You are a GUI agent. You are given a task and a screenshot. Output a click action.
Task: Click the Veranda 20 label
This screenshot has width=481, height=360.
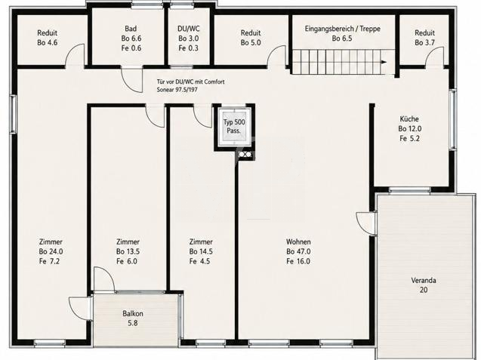[424, 285]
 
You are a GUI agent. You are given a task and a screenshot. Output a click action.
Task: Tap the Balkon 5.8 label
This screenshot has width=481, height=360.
[133, 318]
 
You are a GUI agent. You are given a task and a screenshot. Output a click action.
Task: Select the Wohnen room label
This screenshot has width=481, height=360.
[298, 251]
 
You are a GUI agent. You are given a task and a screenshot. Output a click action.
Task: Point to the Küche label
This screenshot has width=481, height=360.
[409, 128]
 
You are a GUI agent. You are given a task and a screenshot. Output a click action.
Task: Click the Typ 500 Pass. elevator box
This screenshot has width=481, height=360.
[234, 126]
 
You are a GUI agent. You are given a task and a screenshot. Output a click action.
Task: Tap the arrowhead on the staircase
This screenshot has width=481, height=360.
[384, 62]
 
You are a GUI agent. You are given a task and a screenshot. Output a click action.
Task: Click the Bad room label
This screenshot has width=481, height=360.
[131, 38]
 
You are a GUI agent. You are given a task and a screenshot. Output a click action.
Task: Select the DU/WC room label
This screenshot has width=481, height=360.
[188, 38]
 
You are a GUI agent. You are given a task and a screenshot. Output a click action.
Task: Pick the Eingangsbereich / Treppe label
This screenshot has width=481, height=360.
[342, 33]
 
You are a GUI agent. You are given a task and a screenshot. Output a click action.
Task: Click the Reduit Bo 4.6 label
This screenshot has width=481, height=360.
[48, 38]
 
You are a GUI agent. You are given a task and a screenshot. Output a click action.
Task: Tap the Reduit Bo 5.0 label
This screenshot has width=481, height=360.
[251, 38]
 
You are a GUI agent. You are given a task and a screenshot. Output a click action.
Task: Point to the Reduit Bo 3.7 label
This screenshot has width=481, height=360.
[424, 38]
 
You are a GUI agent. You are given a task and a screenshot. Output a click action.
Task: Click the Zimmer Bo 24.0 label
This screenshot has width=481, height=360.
[51, 251]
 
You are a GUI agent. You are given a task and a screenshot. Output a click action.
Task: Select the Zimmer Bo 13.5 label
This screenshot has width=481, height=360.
[128, 251]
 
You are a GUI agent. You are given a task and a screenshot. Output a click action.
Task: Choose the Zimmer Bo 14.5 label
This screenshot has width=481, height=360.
[201, 251]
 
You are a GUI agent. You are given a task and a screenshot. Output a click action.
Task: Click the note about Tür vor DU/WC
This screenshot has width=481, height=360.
[190, 86]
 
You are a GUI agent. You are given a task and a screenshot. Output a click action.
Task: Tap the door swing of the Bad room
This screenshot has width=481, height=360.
[132, 80]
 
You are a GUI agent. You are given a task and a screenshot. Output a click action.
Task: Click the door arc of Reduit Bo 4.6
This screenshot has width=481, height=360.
[75, 54]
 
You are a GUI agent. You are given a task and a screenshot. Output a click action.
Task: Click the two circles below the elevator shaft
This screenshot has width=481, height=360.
[243, 155]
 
